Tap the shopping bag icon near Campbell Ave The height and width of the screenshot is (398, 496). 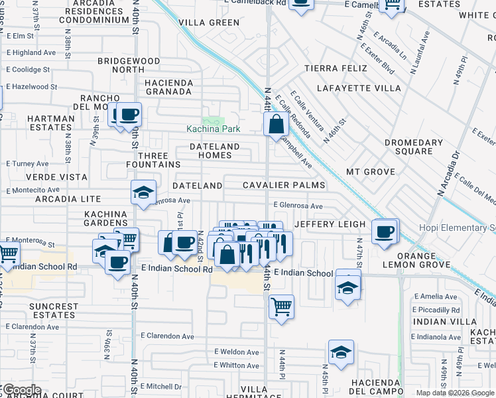275,124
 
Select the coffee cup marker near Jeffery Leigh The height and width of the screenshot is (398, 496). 385,232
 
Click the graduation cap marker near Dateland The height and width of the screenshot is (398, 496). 143,193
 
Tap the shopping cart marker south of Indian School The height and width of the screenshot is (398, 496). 282,306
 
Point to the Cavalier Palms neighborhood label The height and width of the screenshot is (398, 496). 284,185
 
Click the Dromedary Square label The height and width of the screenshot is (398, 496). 414,147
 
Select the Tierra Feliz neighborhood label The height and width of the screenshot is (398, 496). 334,68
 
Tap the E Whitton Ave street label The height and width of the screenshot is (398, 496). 237,365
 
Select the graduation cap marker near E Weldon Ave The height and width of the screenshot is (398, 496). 341,352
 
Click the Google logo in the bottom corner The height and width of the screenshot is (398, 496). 21,390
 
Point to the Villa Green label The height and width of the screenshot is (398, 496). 209,23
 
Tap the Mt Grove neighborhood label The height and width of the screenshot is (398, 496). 371,172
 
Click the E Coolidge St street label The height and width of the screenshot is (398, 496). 32,70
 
